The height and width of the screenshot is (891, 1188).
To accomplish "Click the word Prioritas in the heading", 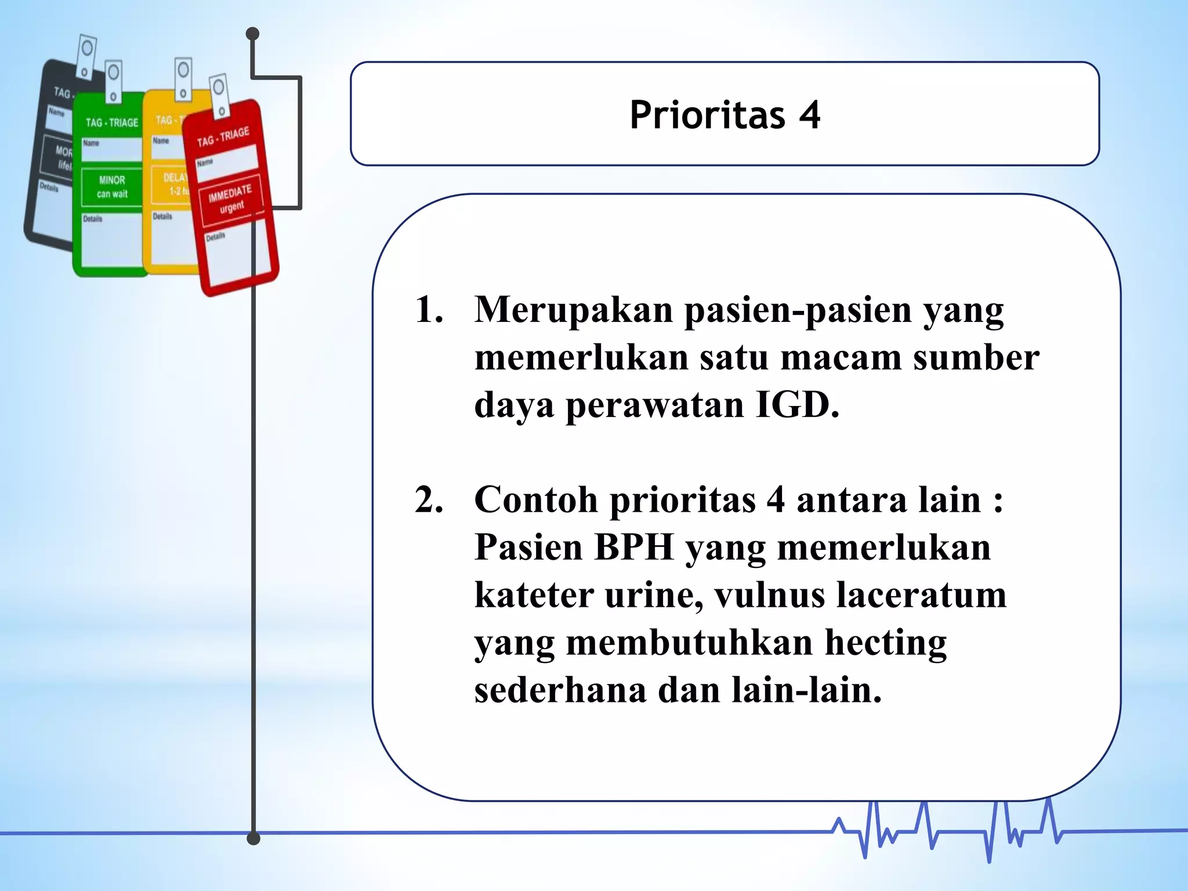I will point(707,115).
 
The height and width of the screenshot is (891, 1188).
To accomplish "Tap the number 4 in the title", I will point(810,115).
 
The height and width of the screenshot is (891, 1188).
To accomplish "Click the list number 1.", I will point(429,310).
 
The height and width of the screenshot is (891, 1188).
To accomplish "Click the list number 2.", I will point(429,499).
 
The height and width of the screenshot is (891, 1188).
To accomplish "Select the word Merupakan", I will point(573,310).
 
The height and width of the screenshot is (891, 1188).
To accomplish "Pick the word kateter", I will point(533,595).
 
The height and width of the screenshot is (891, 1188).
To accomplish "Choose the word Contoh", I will point(535,499).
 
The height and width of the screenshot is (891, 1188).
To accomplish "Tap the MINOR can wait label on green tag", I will point(112,187).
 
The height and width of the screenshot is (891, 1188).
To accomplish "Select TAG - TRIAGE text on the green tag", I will point(112,122).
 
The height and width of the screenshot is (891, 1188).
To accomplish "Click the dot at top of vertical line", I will point(252,34).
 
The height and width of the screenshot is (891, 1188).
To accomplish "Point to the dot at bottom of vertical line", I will point(253,838).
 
